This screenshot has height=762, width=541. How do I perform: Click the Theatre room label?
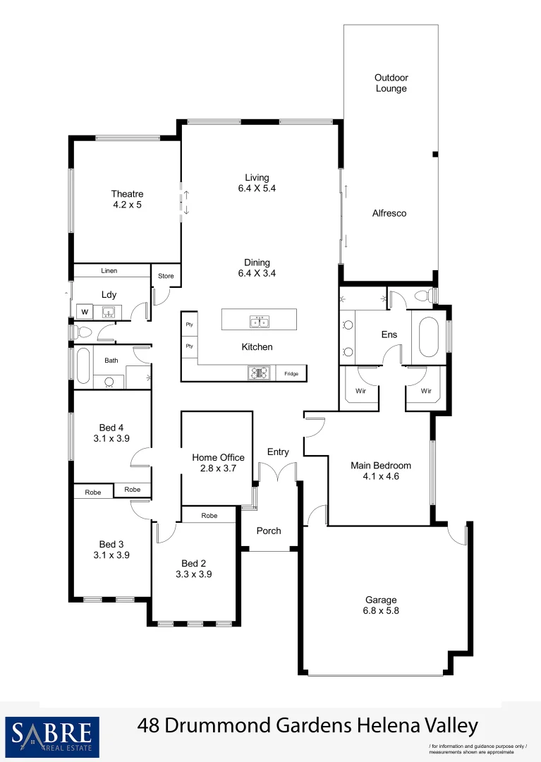127,194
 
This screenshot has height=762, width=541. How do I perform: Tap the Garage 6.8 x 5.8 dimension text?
381,611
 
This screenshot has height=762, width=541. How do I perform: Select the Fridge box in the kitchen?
291,374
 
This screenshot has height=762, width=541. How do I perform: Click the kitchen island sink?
258,322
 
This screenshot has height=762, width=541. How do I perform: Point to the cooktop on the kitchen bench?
259,373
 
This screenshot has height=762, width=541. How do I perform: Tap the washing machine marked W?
85,311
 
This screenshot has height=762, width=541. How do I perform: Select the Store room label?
166,276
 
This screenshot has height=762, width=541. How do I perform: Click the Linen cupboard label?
109,271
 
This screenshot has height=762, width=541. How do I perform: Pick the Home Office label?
218,457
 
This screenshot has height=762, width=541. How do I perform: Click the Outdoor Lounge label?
391,83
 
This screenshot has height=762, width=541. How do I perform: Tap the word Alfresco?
389,213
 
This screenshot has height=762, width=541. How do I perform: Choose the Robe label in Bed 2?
209,516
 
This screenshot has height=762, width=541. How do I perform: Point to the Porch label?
269,531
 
